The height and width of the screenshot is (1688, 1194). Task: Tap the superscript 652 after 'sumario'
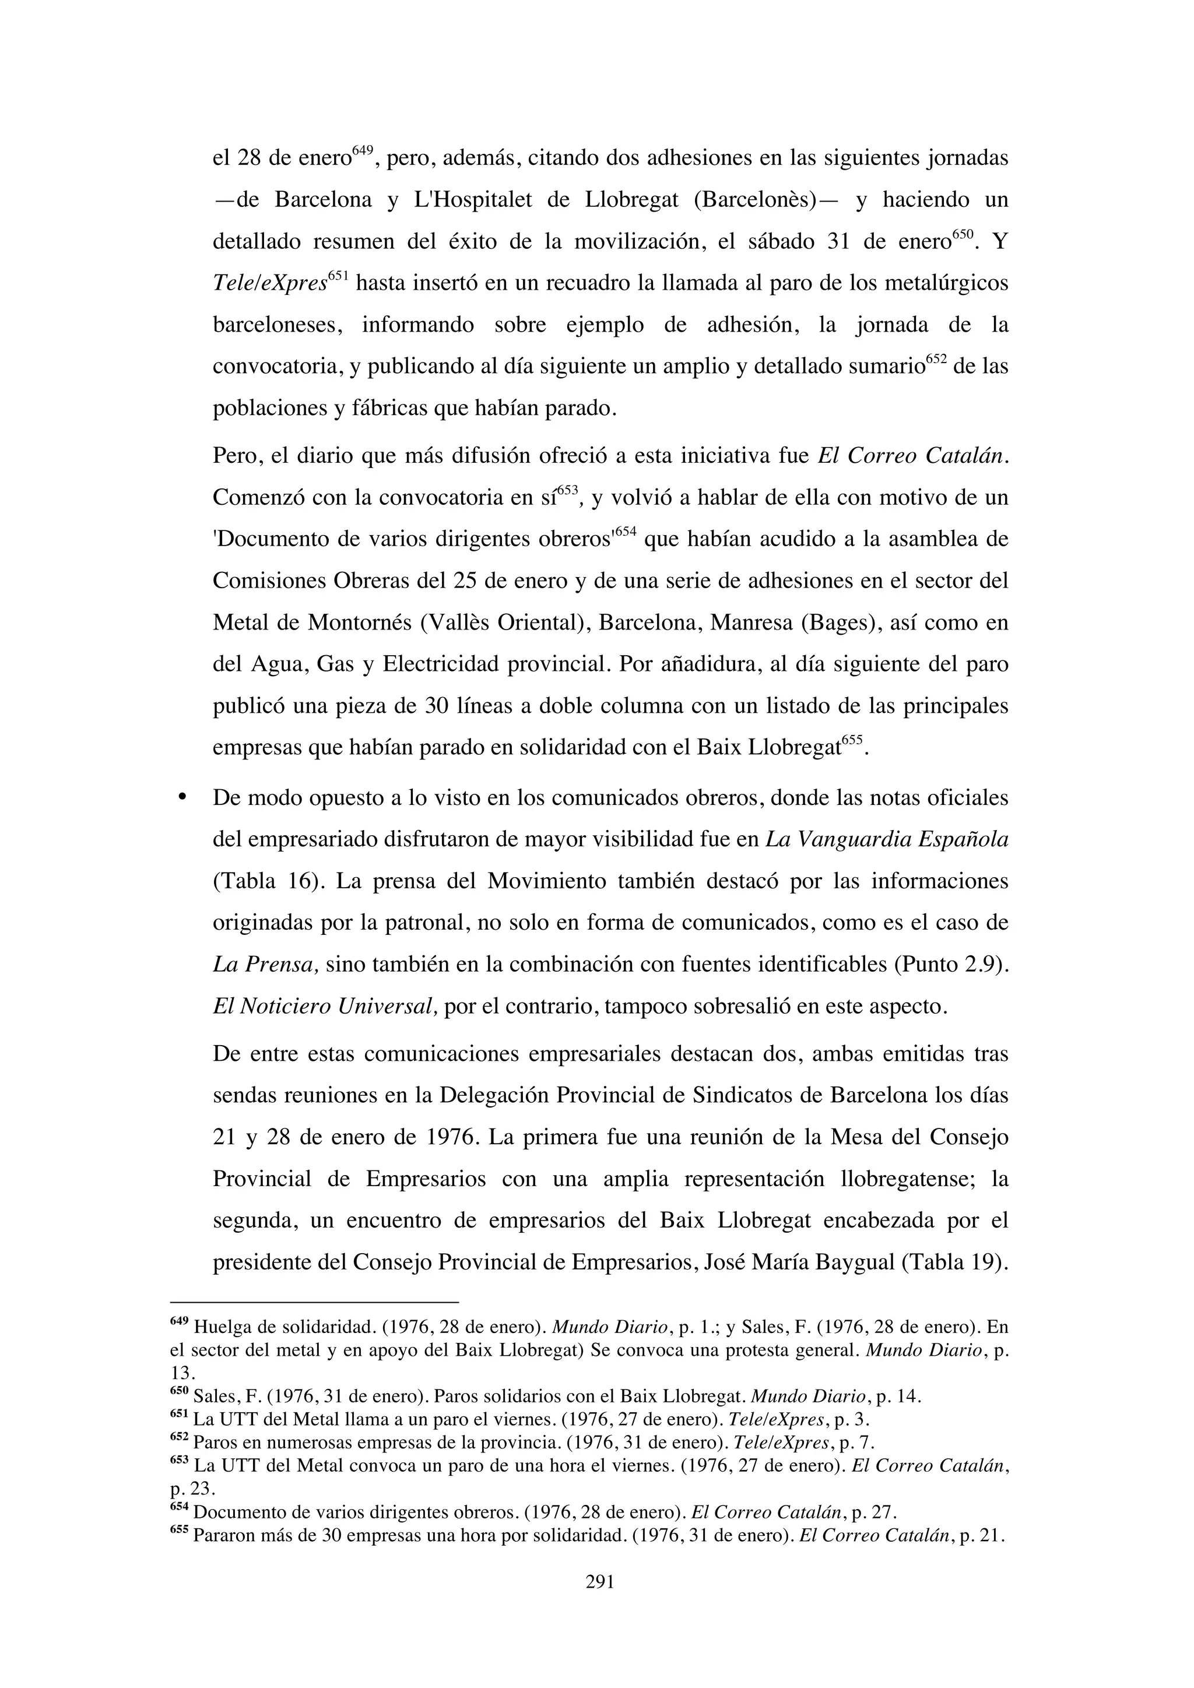pos(936,360)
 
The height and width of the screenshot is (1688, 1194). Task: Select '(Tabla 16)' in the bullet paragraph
pos(268,881)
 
